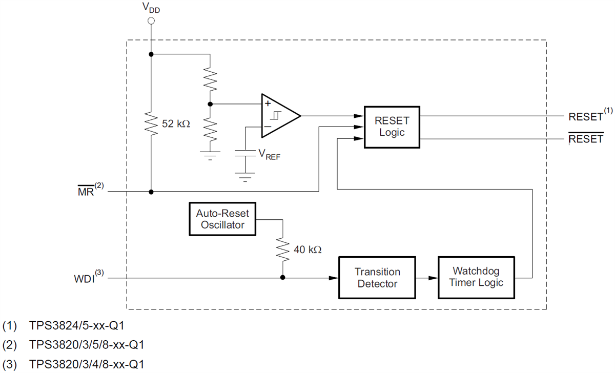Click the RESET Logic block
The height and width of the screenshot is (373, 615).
point(392,127)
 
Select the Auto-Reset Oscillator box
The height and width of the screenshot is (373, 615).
point(223,219)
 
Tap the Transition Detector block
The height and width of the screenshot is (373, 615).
point(377,277)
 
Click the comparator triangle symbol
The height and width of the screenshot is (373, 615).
point(279,116)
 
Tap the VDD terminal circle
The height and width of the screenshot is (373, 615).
point(151,21)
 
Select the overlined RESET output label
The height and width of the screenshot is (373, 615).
point(586,138)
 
